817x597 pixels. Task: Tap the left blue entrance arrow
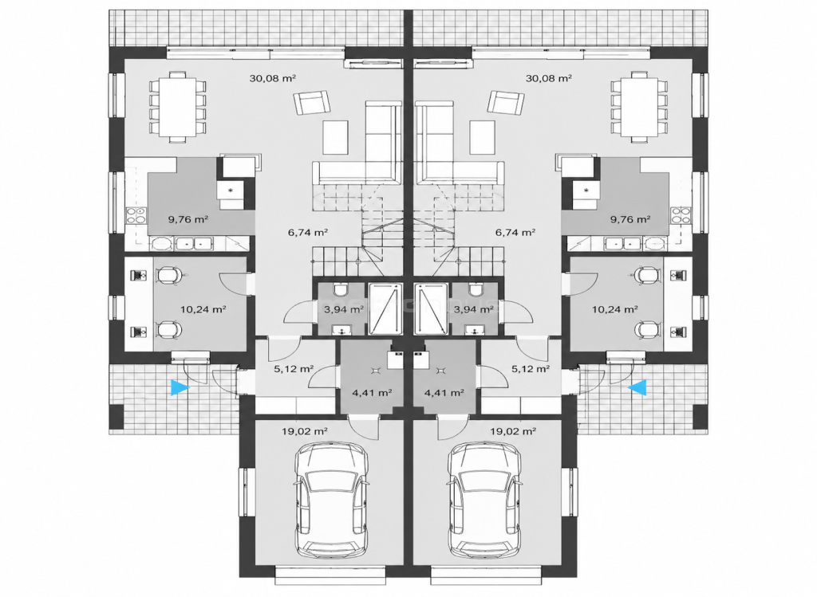[180, 387]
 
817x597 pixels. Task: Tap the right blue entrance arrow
[637, 387]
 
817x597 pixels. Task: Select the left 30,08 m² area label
[273, 79]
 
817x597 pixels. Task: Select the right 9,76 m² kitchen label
[630, 219]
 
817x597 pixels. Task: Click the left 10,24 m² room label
[203, 309]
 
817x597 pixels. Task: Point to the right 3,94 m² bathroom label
[474, 309]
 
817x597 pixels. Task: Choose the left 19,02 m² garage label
[304, 431]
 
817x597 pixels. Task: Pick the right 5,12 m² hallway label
[530, 369]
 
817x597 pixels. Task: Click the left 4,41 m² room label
[372, 393]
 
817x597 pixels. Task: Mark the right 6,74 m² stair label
[515, 233]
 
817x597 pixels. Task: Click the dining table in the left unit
[177, 107]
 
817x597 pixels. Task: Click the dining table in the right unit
[639, 107]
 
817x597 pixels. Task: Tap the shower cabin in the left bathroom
[385, 308]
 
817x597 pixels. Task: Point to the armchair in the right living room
[506, 103]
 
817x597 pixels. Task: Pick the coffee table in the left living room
[336, 137]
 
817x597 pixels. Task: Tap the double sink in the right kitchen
[624, 243]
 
